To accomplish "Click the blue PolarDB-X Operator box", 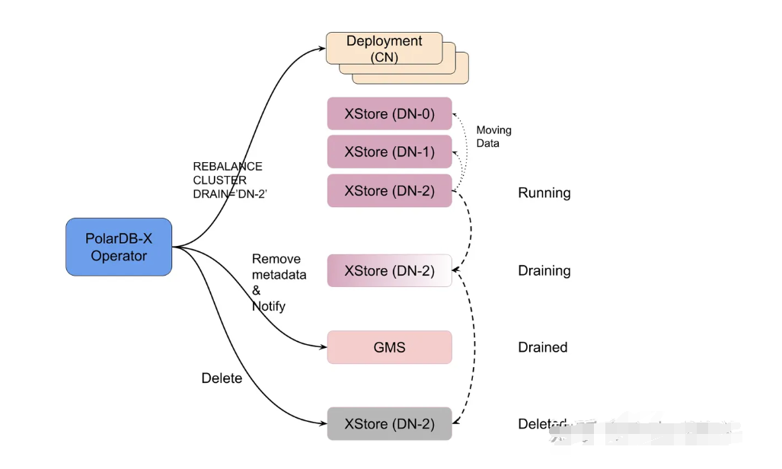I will (119, 247).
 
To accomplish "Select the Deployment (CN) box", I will (385, 48).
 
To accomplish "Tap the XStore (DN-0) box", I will (389, 113).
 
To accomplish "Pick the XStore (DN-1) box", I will (389, 152).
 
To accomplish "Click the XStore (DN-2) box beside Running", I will (389, 190).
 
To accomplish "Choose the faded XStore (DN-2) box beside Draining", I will (389, 270).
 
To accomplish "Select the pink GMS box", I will (389, 347).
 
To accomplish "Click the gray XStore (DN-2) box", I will (389, 423).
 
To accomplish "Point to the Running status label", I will (544, 193).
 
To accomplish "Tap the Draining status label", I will (544, 270).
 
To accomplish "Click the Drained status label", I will (542, 347).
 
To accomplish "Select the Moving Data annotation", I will (493, 136).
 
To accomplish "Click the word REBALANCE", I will (227, 166).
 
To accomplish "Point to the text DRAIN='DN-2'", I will (229, 194).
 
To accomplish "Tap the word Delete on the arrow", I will (222, 378).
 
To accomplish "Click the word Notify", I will (268, 306).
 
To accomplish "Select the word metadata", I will (279, 274).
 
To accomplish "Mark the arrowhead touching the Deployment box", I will (321, 49).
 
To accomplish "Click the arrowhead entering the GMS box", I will (322, 347).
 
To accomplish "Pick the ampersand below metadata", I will (256, 290).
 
